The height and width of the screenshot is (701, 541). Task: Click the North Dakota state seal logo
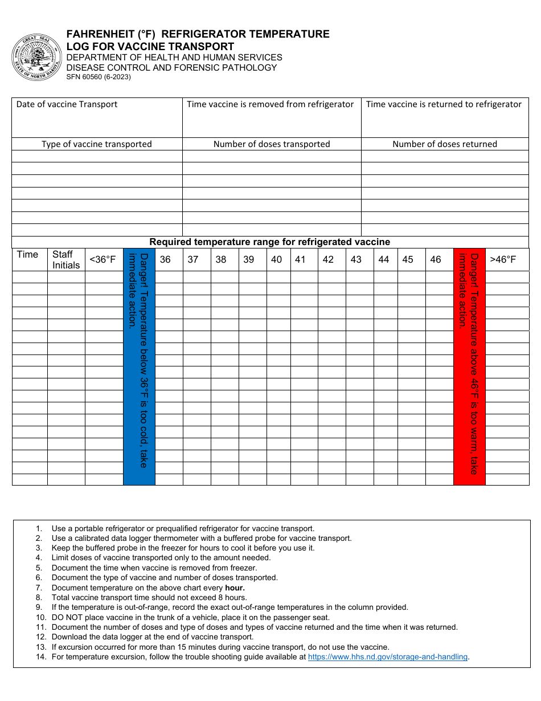pyautogui.click(x=36, y=58)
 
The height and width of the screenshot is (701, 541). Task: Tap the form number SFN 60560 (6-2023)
pyautogui.click(x=99, y=77)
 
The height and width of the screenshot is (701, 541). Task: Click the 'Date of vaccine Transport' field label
pyautogui.click(x=67, y=104)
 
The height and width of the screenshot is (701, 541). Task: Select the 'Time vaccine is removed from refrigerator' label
pyautogui.click(x=270, y=104)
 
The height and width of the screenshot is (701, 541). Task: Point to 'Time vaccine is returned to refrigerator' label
pyautogui.click(x=444, y=104)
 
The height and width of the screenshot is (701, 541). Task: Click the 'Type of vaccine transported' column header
pyautogui.click(x=97, y=144)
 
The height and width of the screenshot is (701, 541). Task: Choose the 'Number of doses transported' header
pyautogui.click(x=272, y=144)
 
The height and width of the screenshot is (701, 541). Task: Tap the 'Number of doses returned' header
pyautogui.click(x=445, y=144)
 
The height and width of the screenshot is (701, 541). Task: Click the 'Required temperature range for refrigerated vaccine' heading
pyautogui.click(x=270, y=242)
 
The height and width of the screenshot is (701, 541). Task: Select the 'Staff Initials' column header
pyautogui.click(x=66, y=259)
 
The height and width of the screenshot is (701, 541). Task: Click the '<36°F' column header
pyautogui.click(x=103, y=260)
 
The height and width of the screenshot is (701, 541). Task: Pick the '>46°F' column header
pyautogui.click(x=503, y=260)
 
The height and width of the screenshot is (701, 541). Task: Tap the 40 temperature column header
pyautogui.click(x=276, y=260)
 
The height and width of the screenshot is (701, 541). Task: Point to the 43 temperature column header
pyautogui.click(x=356, y=260)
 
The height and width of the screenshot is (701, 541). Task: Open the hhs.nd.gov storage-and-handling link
pyautogui.click(x=388, y=657)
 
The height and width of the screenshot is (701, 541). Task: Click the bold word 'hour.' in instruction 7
pyautogui.click(x=235, y=588)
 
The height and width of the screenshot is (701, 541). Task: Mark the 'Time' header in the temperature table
pyautogui.click(x=27, y=255)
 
